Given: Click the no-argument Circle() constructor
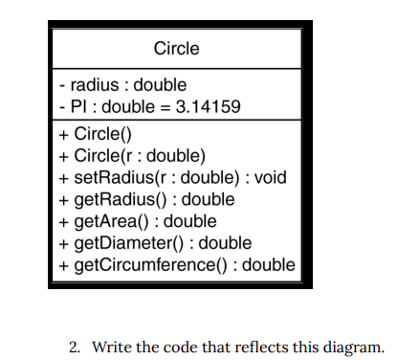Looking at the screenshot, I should tap(99, 134).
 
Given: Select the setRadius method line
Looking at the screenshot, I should tap(171, 177).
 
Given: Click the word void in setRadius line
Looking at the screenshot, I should tap(270, 177).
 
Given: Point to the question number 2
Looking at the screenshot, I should tap(75, 347).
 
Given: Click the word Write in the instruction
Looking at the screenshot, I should tap(112, 347).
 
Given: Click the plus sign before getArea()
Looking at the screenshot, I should tap(62, 221).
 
